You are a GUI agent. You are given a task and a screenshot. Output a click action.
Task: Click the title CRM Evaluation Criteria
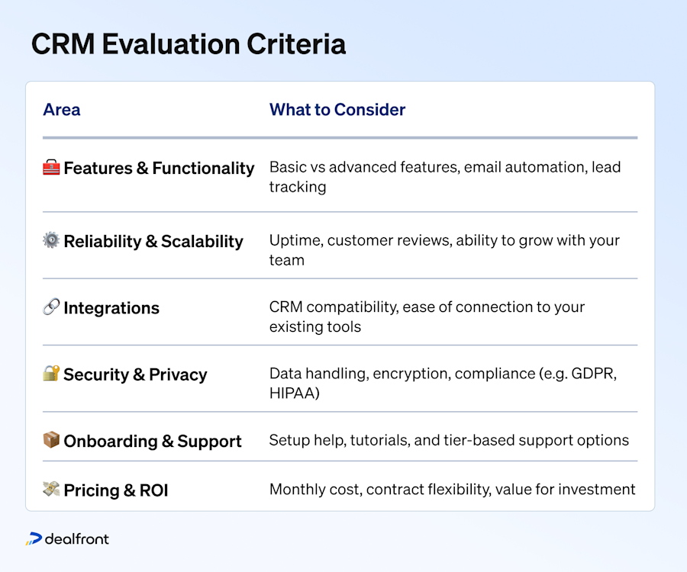click(188, 44)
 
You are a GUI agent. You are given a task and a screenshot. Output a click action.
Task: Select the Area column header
click(61, 110)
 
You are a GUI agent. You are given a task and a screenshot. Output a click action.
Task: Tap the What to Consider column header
click(337, 110)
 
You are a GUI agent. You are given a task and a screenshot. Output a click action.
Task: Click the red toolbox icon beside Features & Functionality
click(51, 168)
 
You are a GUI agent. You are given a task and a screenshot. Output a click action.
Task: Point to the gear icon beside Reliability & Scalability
click(51, 241)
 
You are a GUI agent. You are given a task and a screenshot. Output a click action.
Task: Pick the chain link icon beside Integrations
click(51, 308)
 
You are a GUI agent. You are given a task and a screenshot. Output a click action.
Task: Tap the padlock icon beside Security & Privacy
click(51, 374)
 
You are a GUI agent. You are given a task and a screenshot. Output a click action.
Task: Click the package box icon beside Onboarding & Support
click(51, 441)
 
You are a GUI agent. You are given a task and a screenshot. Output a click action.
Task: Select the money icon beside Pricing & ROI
click(51, 490)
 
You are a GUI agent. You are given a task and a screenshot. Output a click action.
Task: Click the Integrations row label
click(111, 308)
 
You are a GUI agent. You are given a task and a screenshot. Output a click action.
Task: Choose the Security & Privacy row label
click(135, 374)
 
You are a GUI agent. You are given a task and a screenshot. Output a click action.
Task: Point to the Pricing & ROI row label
click(115, 490)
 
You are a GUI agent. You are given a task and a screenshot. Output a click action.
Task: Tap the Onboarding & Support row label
click(153, 441)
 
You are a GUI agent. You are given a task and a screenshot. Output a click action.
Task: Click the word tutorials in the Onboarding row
click(378, 441)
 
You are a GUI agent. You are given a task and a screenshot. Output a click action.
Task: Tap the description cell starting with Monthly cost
click(452, 490)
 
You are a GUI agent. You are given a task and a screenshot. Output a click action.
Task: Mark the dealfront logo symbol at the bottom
click(34, 539)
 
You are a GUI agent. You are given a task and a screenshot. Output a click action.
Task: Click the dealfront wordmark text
click(77, 539)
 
